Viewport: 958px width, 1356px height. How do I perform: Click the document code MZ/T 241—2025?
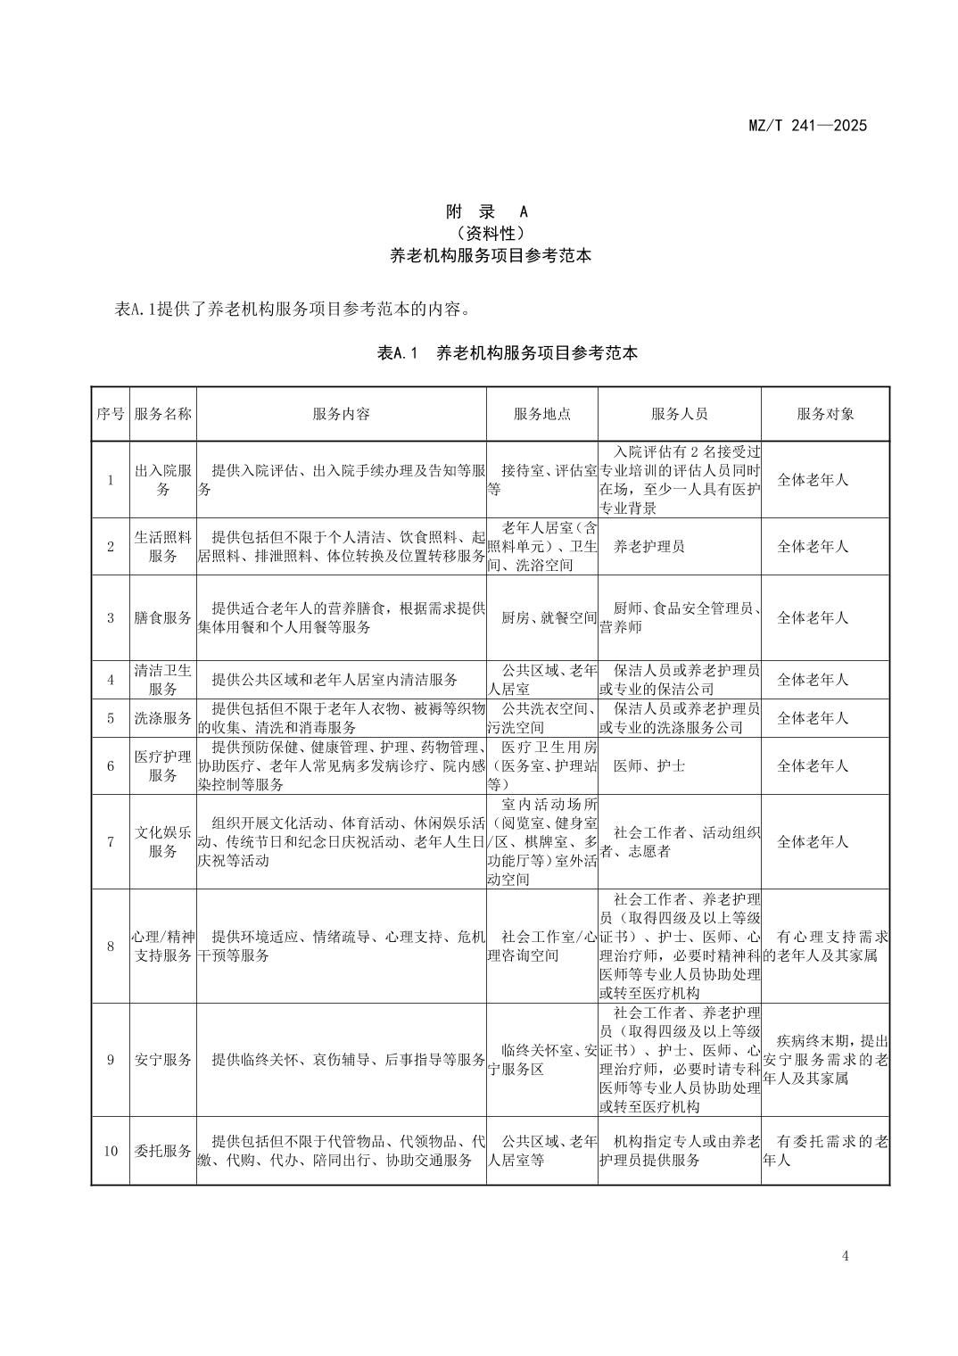(x=806, y=125)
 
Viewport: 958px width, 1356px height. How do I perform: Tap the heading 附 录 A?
(x=486, y=211)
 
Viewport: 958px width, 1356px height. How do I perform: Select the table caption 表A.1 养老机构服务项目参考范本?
(x=508, y=353)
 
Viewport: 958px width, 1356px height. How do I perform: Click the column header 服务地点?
(x=541, y=414)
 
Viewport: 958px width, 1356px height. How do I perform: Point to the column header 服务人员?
(x=679, y=414)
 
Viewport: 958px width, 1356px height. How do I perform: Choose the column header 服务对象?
(x=825, y=414)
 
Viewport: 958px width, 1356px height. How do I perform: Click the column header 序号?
(x=111, y=414)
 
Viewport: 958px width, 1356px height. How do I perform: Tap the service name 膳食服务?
(x=162, y=617)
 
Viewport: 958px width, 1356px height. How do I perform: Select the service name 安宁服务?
(x=162, y=1060)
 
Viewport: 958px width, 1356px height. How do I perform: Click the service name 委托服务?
(x=162, y=1151)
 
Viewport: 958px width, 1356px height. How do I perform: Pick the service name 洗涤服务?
(x=162, y=718)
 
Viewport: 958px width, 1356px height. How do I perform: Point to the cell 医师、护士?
(x=649, y=765)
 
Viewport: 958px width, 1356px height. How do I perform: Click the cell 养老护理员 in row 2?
(x=649, y=546)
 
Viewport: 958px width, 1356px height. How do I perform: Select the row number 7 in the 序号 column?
(x=111, y=841)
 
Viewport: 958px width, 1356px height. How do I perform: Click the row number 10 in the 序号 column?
(x=111, y=1151)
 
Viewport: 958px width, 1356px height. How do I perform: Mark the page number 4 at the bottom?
(x=845, y=1257)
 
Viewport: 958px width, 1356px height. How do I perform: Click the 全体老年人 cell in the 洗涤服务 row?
(x=813, y=718)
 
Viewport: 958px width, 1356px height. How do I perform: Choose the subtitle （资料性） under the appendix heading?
(x=486, y=234)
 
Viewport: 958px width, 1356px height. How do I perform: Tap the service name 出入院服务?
(x=162, y=480)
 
